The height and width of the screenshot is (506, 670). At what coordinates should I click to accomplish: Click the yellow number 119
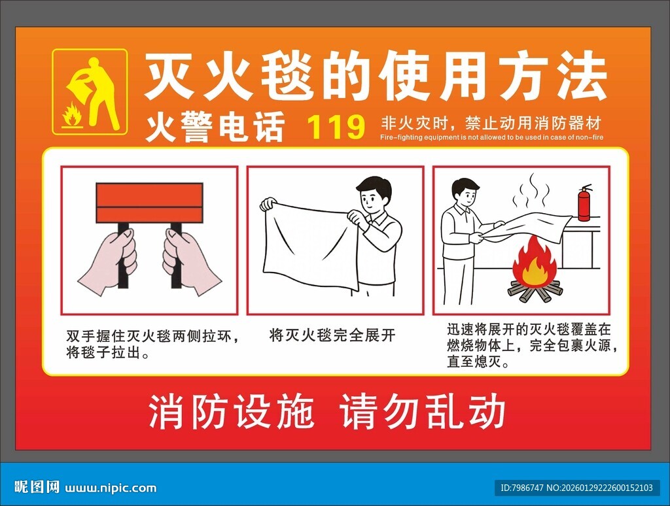pos(336,127)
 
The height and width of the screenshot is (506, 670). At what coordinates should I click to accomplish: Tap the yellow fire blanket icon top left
pos(90,92)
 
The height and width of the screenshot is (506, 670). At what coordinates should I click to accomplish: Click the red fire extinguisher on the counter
pos(584,203)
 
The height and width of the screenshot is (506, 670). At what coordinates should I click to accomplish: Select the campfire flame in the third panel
pos(535,263)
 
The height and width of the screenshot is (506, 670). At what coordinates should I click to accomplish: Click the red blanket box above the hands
pos(149,203)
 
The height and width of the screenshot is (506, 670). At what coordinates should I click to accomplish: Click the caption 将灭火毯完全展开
pos(332,336)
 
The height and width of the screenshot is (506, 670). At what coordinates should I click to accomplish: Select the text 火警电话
pos(215,127)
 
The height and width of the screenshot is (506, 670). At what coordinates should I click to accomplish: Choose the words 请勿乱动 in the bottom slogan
pos(423,412)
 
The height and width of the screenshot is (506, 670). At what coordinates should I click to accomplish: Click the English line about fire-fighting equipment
pos(491,138)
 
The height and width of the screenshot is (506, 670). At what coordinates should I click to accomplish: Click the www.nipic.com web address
pos(111,488)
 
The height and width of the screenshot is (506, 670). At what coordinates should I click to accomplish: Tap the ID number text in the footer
pos(576,488)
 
